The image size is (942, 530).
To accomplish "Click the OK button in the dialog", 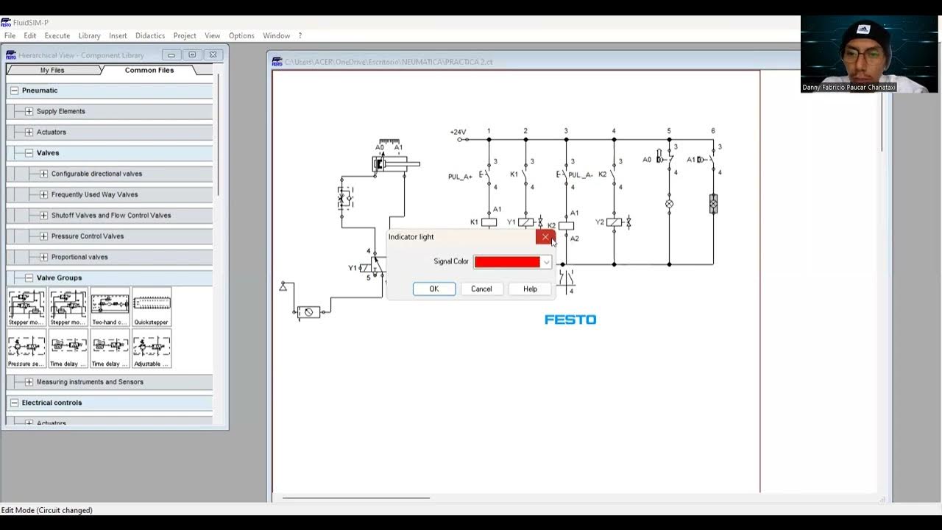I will pos(434,289).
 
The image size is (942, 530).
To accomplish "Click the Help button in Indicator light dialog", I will pos(530,289).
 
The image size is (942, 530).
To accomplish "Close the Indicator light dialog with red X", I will pos(545,237).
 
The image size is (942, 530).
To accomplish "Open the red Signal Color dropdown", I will pos(546,262).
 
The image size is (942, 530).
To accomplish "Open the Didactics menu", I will pos(150,35).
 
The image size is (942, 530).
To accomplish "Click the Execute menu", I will pos(57,35).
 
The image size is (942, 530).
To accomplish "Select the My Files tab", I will pos(52,70).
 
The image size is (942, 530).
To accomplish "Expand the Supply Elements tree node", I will pos(29,111).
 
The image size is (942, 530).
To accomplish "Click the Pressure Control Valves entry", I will pos(88,236).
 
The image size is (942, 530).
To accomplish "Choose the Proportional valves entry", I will pos(79,257).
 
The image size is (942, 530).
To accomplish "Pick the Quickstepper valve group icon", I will pos(152,306).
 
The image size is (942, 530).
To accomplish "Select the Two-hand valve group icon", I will pos(110,306).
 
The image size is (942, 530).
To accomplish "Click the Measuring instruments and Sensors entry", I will pos(90,382).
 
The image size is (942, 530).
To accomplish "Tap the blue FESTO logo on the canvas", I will pos(570,319).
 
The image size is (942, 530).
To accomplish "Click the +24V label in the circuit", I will pos(458,132).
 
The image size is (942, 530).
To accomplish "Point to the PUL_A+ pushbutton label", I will pos(460,177).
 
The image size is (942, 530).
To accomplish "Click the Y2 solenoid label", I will pos(600,222).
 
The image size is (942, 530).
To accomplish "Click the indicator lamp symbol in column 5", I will pos(669,203).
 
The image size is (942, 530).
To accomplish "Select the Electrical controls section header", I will pos(52,403).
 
